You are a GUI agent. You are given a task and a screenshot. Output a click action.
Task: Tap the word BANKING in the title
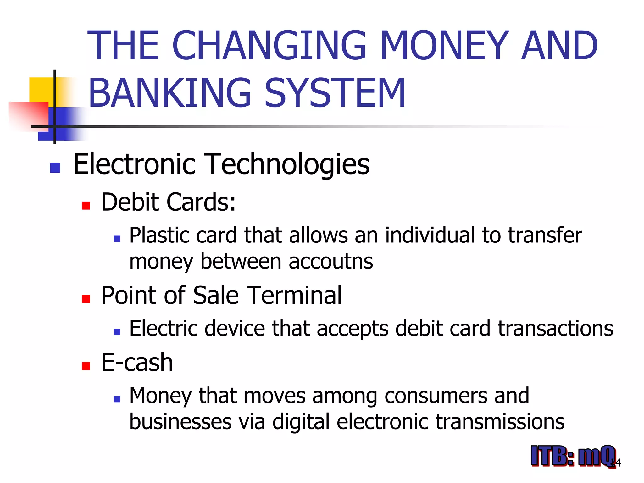pyautogui.click(x=170, y=93)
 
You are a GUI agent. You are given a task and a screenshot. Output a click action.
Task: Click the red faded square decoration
pyautogui.click(x=28, y=115)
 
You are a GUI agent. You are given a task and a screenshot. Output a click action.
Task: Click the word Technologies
pyautogui.click(x=287, y=164)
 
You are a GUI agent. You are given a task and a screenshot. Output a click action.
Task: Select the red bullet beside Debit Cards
pyautogui.click(x=86, y=206)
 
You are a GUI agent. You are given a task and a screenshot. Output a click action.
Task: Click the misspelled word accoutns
pyautogui.click(x=331, y=261)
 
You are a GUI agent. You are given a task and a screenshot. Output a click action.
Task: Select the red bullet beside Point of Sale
pyautogui.click(x=86, y=299)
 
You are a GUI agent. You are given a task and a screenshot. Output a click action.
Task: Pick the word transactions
pyautogui.click(x=555, y=328)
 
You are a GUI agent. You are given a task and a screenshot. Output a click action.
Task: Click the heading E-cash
pyautogui.click(x=137, y=363)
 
